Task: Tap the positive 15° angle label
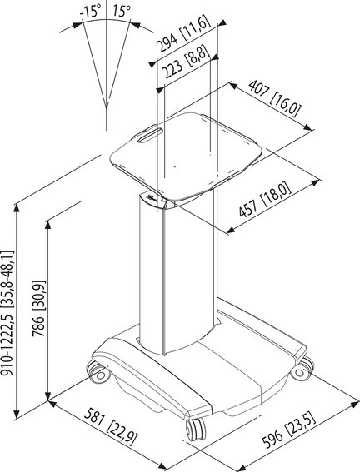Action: pyautogui.click(x=122, y=12)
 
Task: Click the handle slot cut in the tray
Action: pyautogui.click(x=150, y=135)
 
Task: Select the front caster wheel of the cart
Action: pyautogui.click(x=196, y=429)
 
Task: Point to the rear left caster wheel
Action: pyautogui.click(x=97, y=372)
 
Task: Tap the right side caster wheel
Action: pyautogui.click(x=302, y=369)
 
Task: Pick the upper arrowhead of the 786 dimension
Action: pyautogui.click(x=47, y=225)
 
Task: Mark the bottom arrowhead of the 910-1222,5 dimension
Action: pyautogui.click(x=17, y=414)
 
